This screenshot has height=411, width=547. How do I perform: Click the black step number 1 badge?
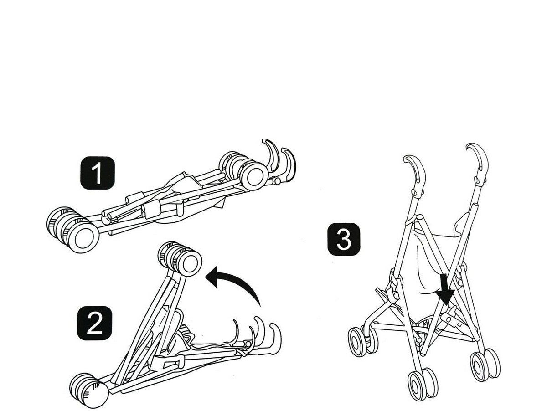[97, 173]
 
